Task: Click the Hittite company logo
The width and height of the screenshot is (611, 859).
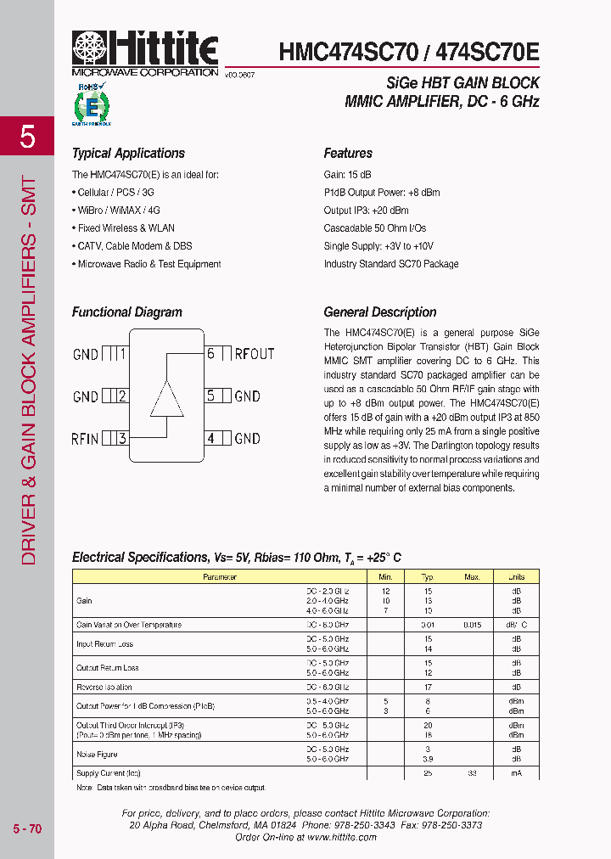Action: point(145,52)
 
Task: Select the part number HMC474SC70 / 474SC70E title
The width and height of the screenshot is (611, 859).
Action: point(408,52)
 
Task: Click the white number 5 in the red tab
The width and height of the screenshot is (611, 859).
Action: point(27,137)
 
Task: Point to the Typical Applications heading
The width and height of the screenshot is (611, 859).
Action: point(128,154)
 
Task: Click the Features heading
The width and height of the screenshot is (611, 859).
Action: point(348,154)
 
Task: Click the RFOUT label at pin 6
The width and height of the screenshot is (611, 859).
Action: point(255,354)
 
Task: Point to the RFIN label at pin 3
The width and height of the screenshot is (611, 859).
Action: point(85,439)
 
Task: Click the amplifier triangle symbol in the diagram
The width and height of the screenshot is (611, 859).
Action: point(166,398)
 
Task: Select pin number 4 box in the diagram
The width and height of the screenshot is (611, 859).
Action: point(211,439)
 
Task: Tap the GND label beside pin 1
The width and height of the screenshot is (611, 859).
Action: point(86,354)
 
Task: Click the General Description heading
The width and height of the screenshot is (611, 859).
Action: point(380,312)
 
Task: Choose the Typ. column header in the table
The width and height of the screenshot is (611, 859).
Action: point(428,577)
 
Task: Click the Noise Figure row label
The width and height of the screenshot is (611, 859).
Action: point(97,754)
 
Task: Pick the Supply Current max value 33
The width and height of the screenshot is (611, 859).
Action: point(472,773)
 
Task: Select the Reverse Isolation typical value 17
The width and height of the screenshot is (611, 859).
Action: point(428,687)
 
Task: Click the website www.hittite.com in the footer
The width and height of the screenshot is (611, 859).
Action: point(342,837)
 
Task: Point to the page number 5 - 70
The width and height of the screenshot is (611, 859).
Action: point(27,828)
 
